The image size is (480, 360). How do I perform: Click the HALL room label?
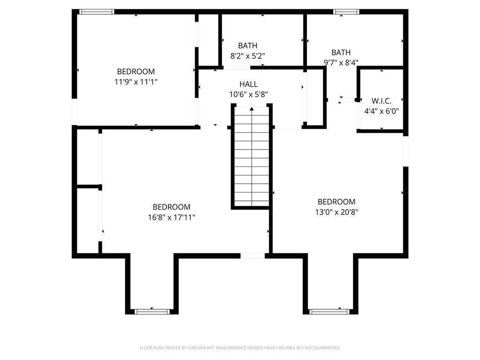tap(248, 84)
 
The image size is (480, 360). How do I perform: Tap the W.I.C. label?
tap(381, 101)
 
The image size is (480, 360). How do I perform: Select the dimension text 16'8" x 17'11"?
tap(172, 217)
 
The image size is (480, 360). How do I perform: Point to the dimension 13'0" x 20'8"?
tap(337, 212)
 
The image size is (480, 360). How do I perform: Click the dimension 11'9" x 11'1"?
tap(136, 82)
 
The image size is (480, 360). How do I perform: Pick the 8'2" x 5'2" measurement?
tap(247, 55)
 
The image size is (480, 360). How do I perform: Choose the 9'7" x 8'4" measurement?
tap(341, 62)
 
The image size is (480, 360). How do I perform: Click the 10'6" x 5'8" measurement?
tap(248, 94)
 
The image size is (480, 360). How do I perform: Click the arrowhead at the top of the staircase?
tap(252, 109)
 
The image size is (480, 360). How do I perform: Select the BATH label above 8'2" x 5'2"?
tap(247, 45)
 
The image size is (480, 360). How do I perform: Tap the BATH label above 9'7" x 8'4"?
tap(341, 52)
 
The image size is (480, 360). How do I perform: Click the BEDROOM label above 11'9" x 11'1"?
tap(136, 72)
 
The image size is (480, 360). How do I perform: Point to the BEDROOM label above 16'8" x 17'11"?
tap(172, 207)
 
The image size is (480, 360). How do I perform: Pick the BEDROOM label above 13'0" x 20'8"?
tap(337, 202)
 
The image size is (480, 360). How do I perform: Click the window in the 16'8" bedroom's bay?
tap(152, 311)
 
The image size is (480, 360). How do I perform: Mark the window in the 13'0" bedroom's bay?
tap(329, 311)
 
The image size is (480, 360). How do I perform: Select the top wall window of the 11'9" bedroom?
tap(97, 12)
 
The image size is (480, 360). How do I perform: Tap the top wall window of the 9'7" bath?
tap(346, 12)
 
